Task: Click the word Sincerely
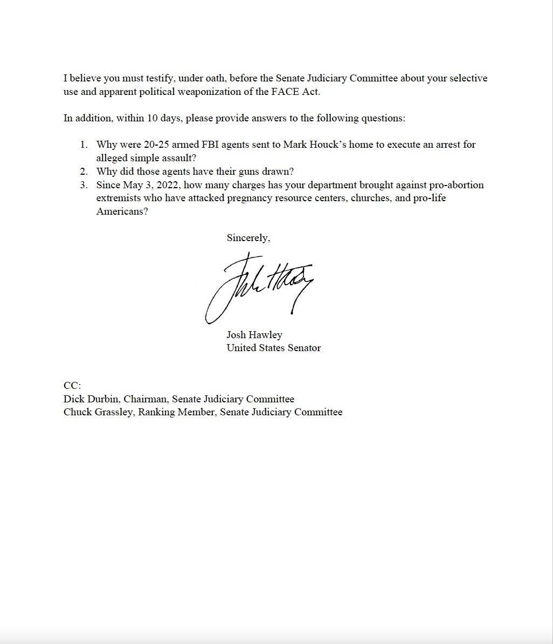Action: click(248, 238)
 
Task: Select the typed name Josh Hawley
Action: click(254, 335)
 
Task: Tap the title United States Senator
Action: click(273, 348)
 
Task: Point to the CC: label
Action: click(72, 386)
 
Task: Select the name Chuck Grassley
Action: click(98, 412)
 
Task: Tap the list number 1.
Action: click(84, 145)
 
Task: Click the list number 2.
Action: click(84, 172)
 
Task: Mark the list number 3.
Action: click(84, 185)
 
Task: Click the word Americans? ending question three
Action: click(122, 211)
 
